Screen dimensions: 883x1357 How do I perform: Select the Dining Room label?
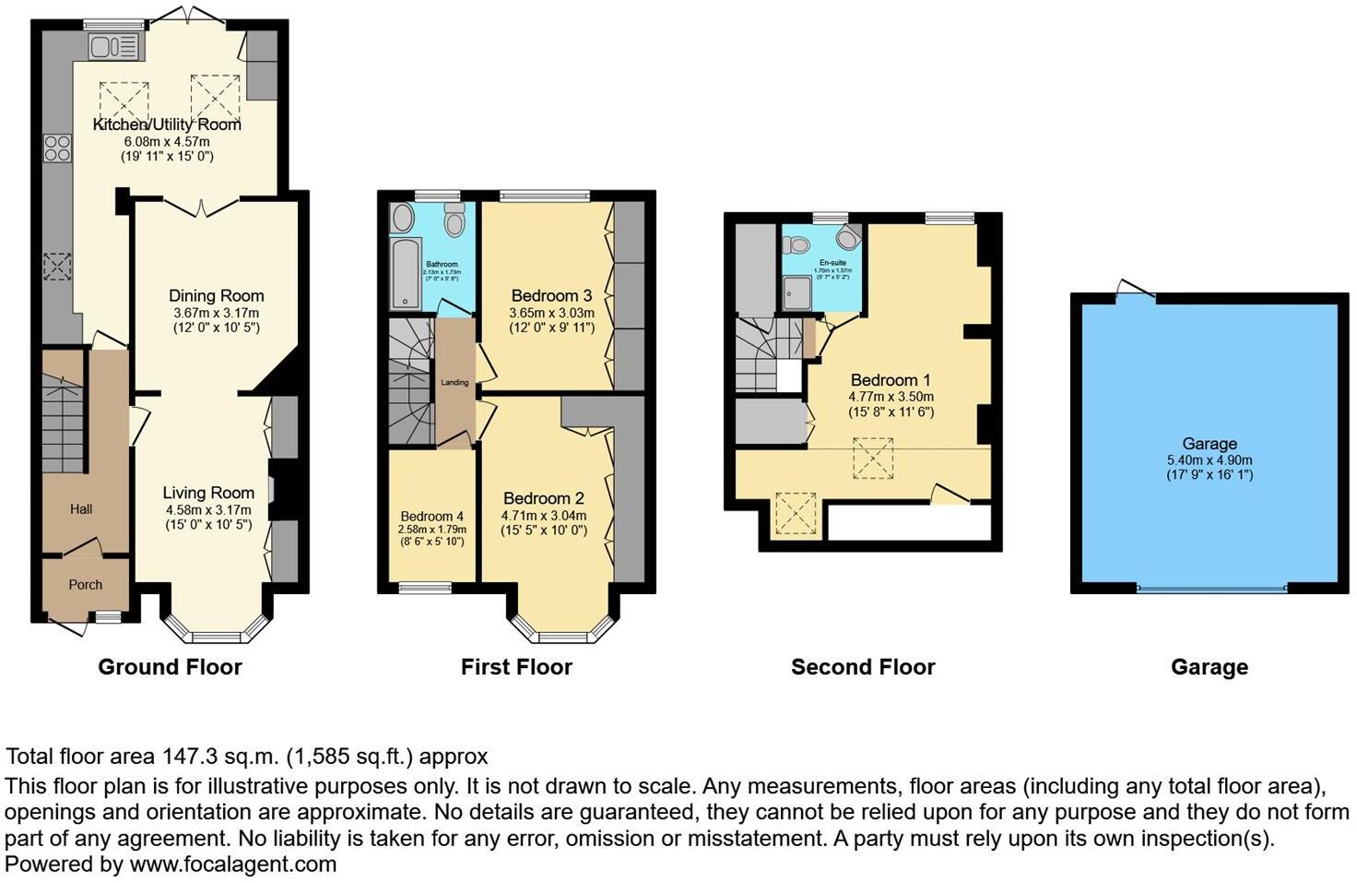[216, 296]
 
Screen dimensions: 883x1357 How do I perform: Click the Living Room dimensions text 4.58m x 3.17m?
[208, 510]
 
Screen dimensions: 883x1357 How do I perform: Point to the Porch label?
[86, 585]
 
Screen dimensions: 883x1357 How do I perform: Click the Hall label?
[82, 509]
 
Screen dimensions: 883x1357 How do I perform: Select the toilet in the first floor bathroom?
[454, 222]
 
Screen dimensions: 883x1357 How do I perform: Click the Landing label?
[454, 382]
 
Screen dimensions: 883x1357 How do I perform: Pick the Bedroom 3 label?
[551, 296]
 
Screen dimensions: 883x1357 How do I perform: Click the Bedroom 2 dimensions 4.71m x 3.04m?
[544, 516]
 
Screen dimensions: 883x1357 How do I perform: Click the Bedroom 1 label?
[891, 380]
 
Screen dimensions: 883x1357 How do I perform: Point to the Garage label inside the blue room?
[1209, 444]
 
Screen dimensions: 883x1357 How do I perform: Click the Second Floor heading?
[863, 667]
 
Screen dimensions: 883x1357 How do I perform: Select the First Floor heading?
[516, 667]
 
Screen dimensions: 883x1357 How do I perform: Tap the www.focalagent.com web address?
[233, 865]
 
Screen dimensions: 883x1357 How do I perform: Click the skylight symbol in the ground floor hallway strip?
[56, 267]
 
